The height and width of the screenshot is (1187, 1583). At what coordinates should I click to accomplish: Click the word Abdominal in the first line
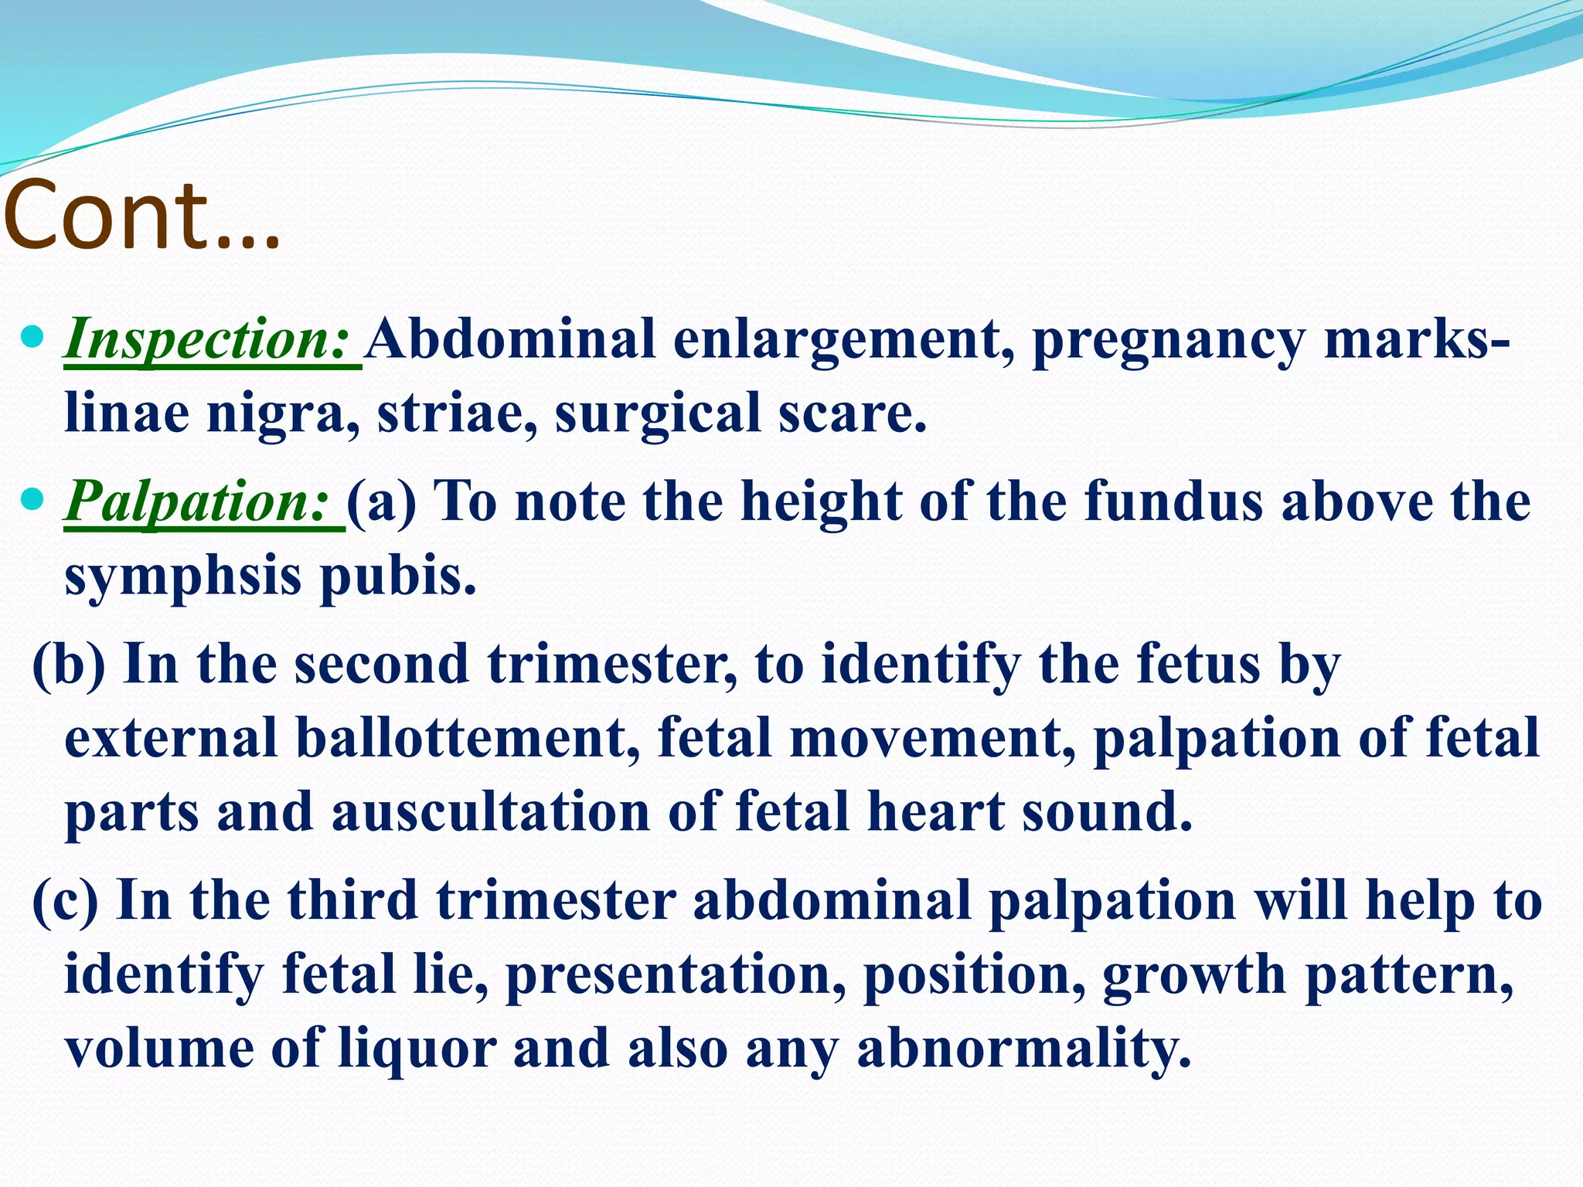click(x=510, y=340)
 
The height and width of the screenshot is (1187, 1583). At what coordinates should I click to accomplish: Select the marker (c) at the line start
click(x=65, y=901)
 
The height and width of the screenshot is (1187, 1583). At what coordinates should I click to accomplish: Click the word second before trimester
click(x=382, y=665)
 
